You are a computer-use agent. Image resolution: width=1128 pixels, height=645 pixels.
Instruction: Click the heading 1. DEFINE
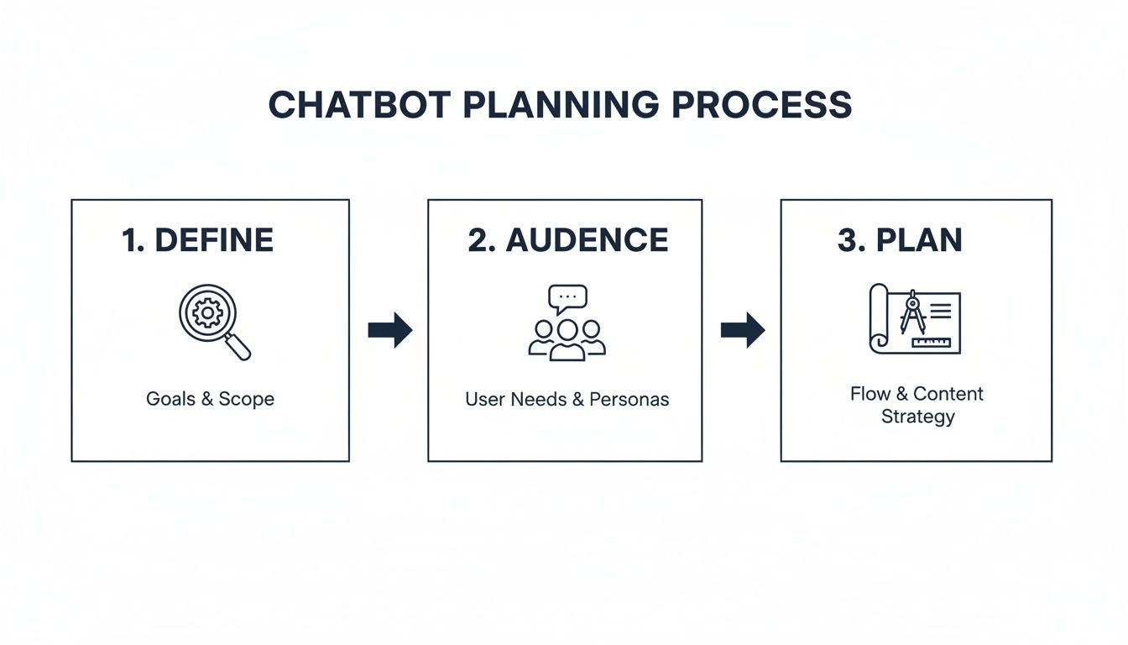tap(198, 240)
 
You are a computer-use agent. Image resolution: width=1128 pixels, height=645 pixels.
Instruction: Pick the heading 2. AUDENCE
tap(568, 240)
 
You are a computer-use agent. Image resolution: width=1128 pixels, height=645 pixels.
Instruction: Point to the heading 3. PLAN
tap(900, 240)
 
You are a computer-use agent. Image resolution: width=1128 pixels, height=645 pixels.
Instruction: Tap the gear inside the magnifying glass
tap(206, 313)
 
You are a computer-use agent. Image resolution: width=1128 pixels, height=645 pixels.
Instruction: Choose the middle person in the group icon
tap(567, 339)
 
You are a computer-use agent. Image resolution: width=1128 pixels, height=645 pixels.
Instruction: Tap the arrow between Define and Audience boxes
tap(390, 330)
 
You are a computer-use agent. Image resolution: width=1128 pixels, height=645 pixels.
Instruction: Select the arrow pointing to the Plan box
tap(743, 330)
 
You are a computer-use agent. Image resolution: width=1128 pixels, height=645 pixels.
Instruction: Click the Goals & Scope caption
tap(210, 399)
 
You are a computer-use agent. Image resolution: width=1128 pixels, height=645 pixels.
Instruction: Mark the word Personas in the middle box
tap(629, 399)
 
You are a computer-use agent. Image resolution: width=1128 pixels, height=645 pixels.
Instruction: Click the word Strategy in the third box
tap(917, 417)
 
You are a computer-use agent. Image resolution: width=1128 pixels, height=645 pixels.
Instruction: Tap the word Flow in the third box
tap(869, 394)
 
